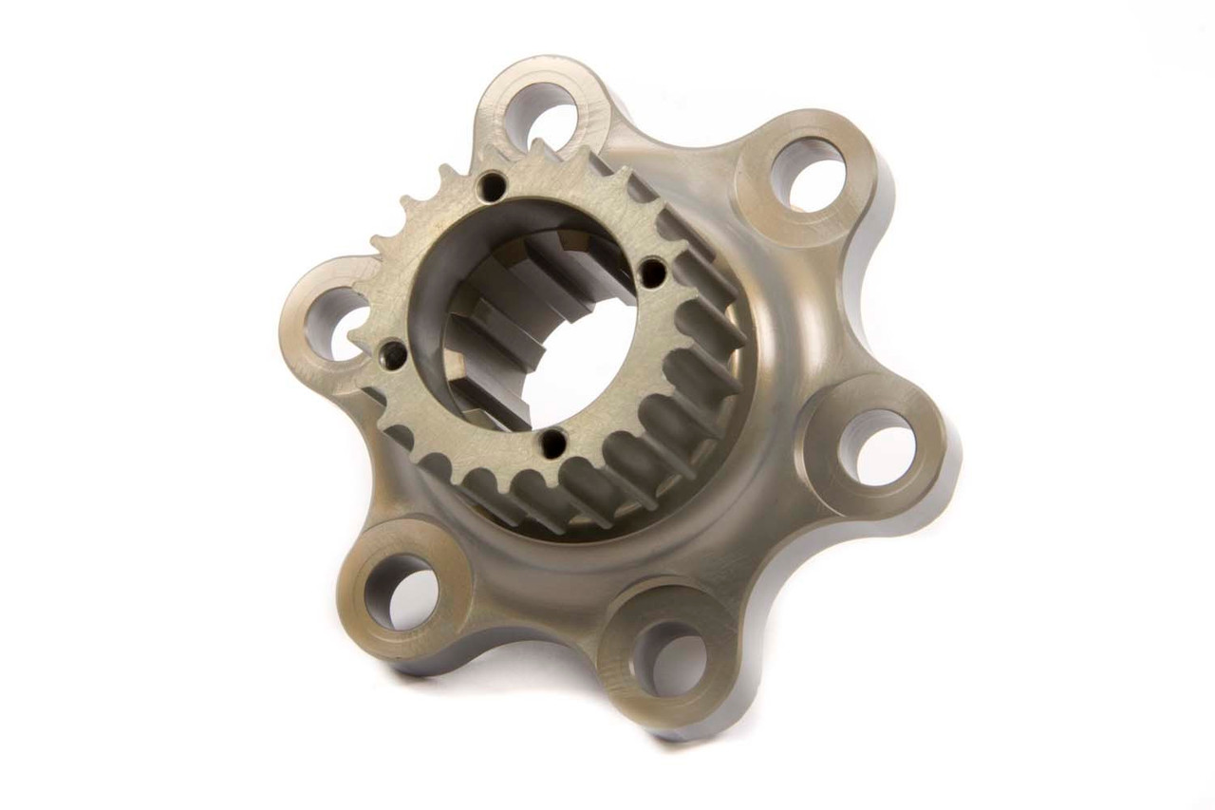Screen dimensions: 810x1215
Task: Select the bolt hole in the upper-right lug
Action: (x=808, y=174)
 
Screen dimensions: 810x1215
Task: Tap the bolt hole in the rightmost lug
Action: (x=876, y=447)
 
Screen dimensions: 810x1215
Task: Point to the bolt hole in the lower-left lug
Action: (x=401, y=592)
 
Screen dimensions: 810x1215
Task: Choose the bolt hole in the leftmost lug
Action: (x=334, y=323)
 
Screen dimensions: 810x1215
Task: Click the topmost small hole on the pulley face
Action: (x=491, y=186)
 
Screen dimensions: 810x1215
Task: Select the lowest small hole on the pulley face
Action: (x=551, y=443)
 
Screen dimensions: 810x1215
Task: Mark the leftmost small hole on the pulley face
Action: (x=393, y=355)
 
